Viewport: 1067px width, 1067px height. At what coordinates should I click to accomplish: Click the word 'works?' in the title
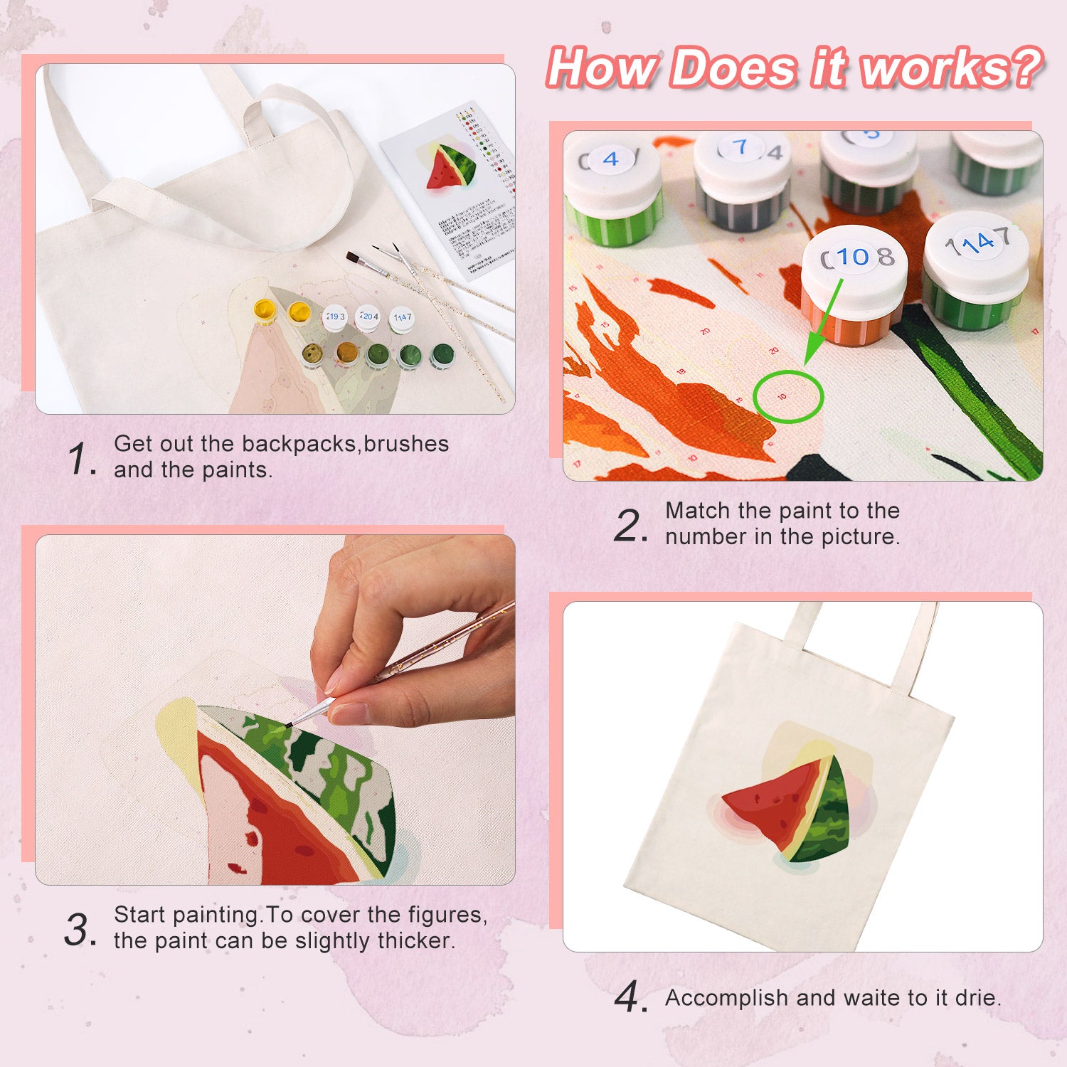(x=950, y=69)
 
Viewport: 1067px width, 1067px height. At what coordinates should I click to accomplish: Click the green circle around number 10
(x=787, y=396)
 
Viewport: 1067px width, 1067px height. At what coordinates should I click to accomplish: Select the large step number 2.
(x=630, y=526)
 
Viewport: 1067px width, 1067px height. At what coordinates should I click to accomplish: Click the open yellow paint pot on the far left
(x=265, y=310)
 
